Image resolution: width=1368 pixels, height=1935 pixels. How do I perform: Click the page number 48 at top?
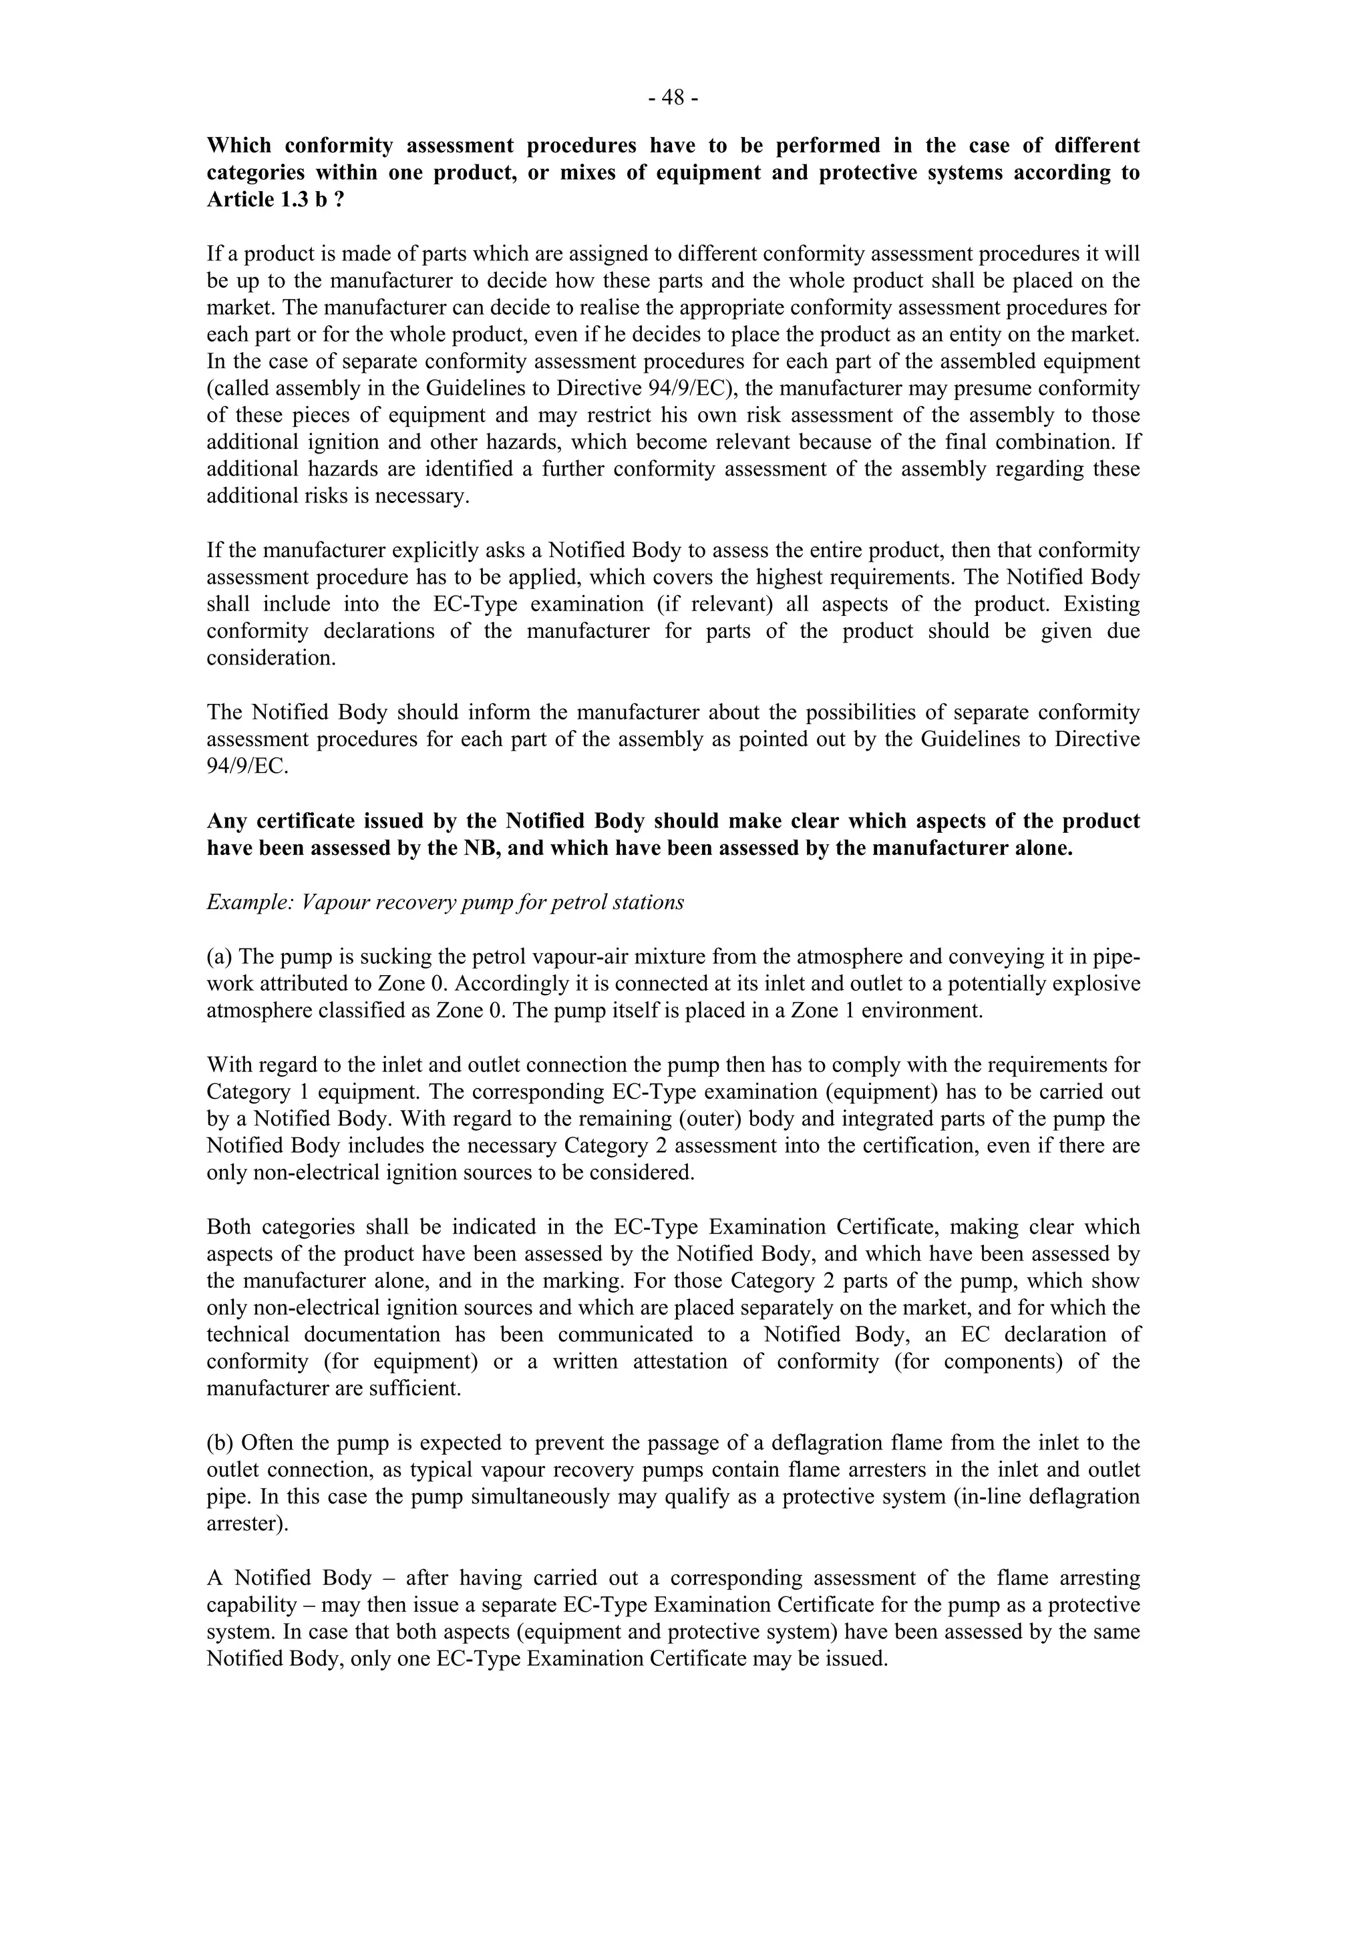[x=673, y=99]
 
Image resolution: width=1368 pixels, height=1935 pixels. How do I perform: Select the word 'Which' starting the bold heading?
[x=239, y=146]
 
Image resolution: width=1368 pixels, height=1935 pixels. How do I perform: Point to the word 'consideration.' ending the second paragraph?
[x=271, y=658]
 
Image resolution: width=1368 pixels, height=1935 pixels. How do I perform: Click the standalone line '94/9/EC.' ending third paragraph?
[x=247, y=767]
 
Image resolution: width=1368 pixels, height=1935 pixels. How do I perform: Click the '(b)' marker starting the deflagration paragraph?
[x=221, y=1442]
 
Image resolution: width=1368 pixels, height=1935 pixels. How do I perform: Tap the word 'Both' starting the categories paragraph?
[x=228, y=1226]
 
